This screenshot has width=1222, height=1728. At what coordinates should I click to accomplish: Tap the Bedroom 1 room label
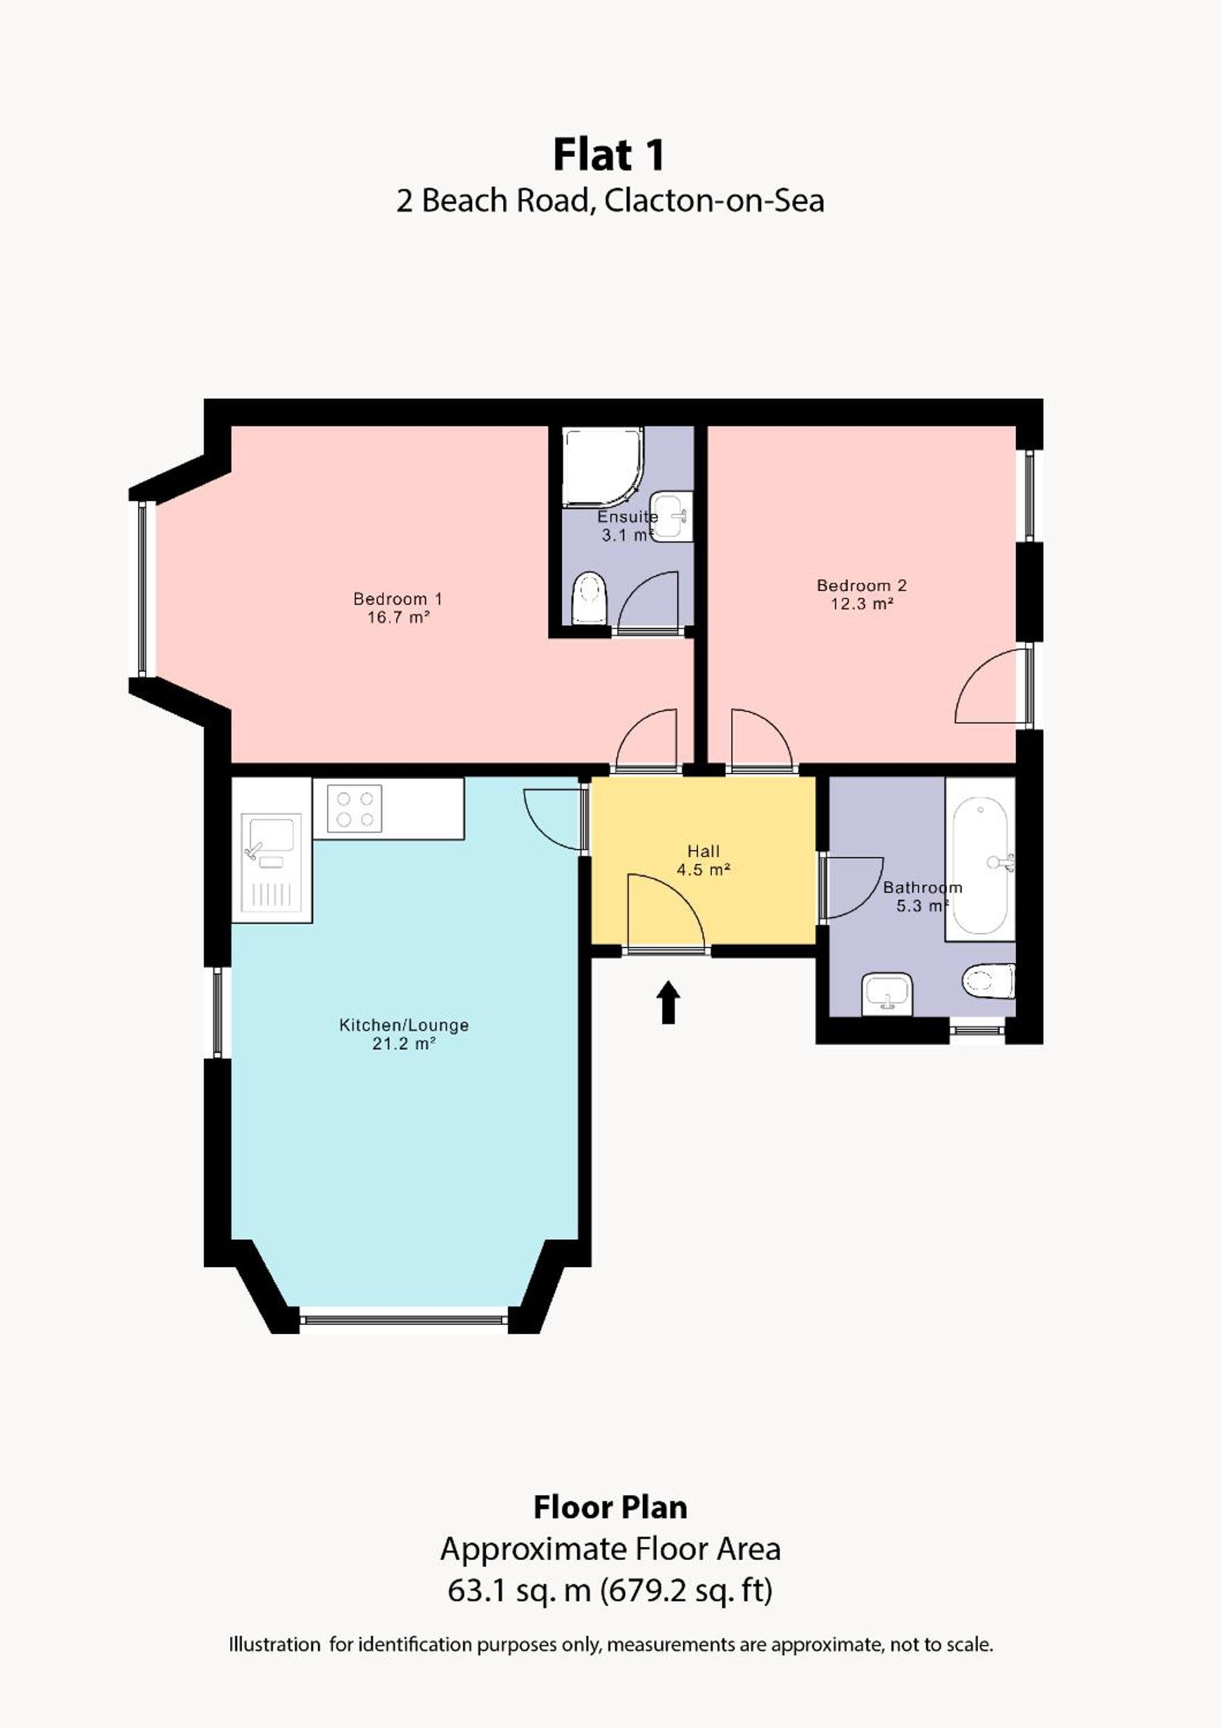398,599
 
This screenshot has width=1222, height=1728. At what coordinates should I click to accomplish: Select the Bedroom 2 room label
862,585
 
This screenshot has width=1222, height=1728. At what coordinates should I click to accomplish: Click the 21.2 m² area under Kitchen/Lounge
404,1043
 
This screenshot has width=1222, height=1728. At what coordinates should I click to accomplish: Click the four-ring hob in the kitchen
355,808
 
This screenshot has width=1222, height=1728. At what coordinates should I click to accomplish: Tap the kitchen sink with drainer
271,867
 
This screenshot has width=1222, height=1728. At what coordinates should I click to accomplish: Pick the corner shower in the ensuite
602,467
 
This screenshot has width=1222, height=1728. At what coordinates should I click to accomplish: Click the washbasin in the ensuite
670,516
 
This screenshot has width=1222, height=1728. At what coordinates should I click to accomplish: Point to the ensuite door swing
648,599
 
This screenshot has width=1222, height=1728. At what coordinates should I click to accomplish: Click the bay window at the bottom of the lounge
404,1320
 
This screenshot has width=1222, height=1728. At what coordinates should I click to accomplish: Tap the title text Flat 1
610,155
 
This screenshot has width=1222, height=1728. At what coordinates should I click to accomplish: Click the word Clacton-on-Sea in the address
714,201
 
